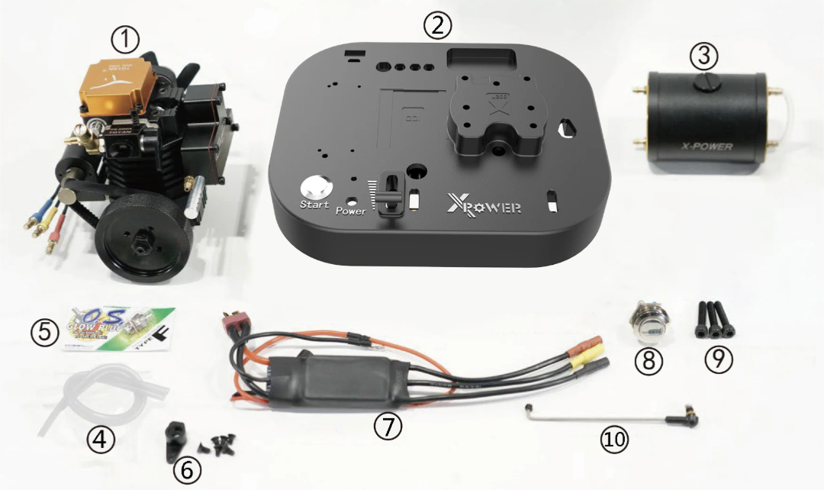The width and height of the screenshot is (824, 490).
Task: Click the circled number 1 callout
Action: (125, 36)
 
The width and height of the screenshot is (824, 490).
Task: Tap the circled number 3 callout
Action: (704, 55)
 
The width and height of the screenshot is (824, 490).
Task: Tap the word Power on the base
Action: (350, 211)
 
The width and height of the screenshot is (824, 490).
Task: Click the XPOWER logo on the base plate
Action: (484, 205)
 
